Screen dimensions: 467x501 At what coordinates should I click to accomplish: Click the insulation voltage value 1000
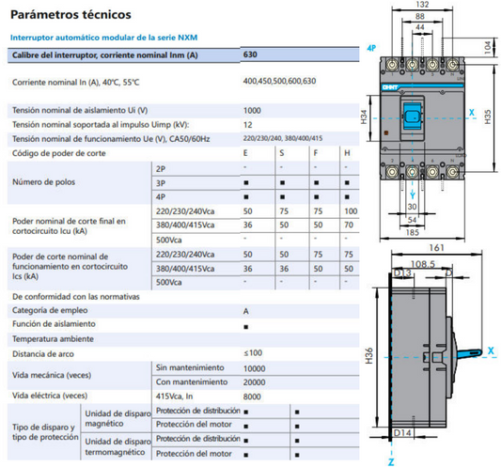pos(252,111)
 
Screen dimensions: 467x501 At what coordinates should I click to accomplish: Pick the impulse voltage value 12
pos(247,124)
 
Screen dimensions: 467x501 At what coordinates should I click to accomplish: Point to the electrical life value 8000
pos(253,396)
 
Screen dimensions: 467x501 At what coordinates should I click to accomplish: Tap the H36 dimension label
pos(368,354)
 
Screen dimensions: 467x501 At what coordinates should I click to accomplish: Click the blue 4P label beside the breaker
pos(372,47)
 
